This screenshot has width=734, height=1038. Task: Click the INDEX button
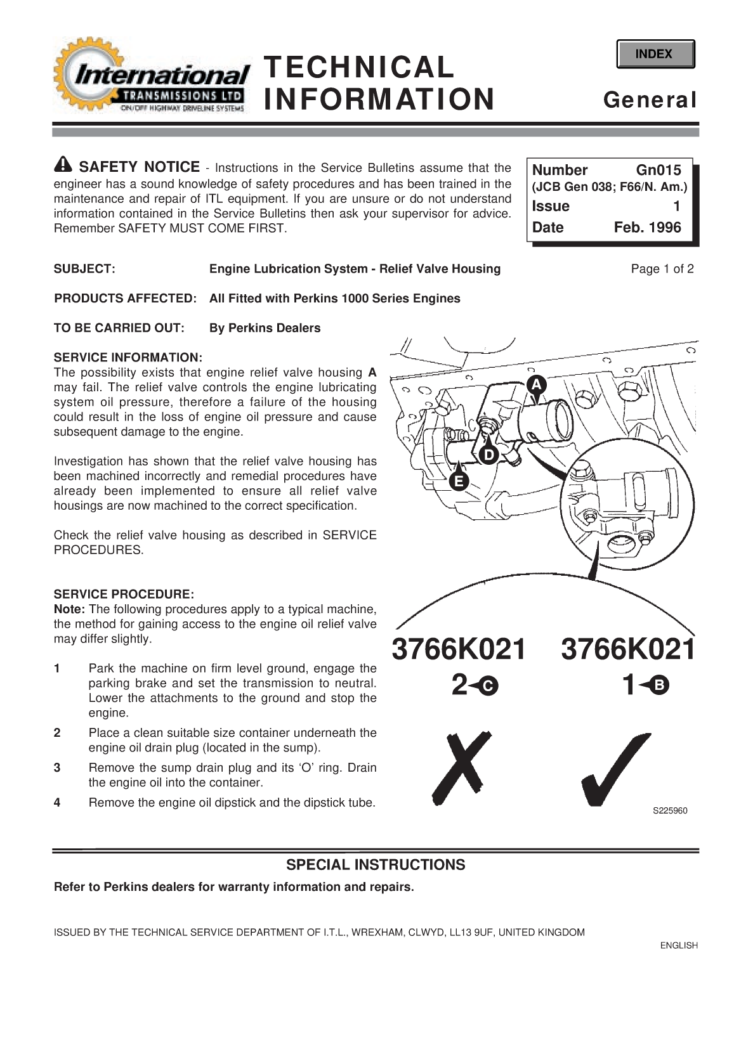pos(655,54)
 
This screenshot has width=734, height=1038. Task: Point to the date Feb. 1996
pos(647,228)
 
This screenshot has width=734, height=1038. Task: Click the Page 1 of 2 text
pos(662,269)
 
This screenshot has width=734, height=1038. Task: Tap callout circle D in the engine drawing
pos(488,455)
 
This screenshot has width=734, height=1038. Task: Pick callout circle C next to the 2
pos(488,685)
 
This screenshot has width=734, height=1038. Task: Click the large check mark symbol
pos(615,770)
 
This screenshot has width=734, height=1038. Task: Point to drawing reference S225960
pos(670,811)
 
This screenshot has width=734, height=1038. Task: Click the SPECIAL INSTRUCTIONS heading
pos(376,865)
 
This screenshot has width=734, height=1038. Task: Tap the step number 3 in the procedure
pos(57,768)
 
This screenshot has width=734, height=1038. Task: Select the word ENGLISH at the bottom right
pos(678,945)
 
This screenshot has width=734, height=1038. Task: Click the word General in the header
pos(650,100)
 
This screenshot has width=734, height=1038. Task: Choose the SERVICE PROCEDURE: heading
pos(124,594)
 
